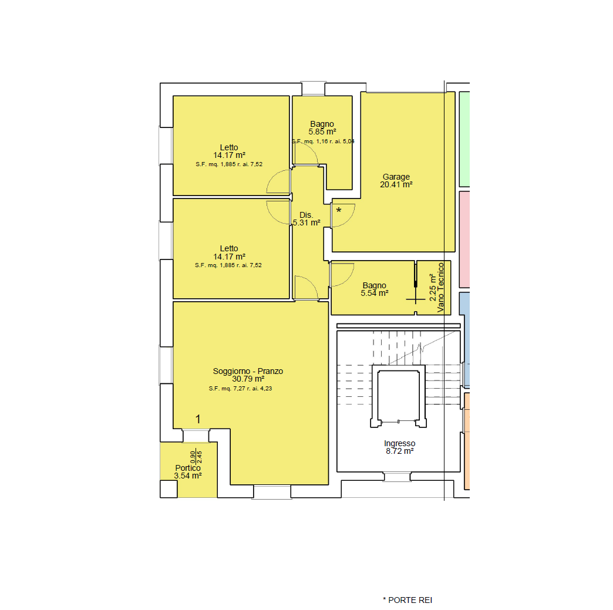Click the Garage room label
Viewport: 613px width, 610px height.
pyautogui.click(x=396, y=177)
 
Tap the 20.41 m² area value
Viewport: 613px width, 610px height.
pyautogui.click(x=396, y=184)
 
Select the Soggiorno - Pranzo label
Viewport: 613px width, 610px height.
pyautogui.click(x=248, y=371)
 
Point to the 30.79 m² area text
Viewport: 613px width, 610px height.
pyautogui.click(x=248, y=379)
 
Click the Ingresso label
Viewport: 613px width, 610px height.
pyautogui.click(x=399, y=443)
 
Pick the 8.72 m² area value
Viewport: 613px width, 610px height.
pyautogui.click(x=399, y=451)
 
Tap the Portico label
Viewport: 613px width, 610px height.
pyautogui.click(x=188, y=468)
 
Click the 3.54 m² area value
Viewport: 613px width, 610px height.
pyautogui.click(x=188, y=476)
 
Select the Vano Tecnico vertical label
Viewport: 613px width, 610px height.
pyautogui.click(x=440, y=288)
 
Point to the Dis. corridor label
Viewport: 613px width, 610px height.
pyautogui.click(x=306, y=215)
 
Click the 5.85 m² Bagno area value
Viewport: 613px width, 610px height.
pyautogui.click(x=322, y=132)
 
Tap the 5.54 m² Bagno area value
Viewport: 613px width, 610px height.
pyautogui.click(x=375, y=294)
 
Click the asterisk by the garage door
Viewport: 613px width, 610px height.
pyautogui.click(x=339, y=210)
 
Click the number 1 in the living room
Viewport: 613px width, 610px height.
pyautogui.click(x=198, y=419)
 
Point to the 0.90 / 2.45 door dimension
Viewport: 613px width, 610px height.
pyautogui.click(x=196, y=457)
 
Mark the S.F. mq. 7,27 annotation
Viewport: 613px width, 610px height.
pyautogui.click(x=240, y=389)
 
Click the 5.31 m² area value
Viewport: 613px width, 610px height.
pyautogui.click(x=307, y=223)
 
